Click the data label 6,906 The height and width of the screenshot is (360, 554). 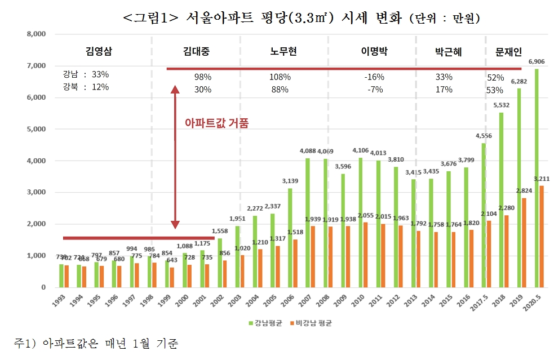tap(536, 61)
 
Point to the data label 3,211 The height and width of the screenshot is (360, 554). tap(543, 179)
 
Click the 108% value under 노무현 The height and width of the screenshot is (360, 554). tap(280, 77)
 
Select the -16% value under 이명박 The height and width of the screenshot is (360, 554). tap(374, 77)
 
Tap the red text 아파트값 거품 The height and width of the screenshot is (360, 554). tap(216, 122)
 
